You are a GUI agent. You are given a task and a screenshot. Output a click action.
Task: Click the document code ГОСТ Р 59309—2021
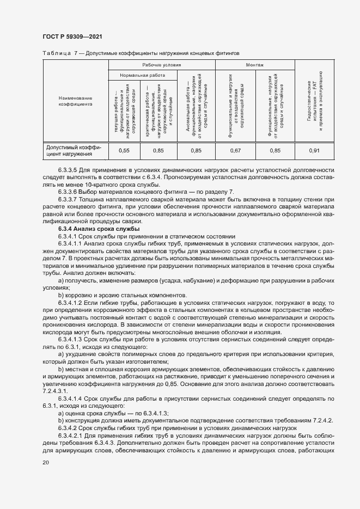point(71,36)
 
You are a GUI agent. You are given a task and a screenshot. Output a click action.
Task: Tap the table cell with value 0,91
point(314,150)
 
